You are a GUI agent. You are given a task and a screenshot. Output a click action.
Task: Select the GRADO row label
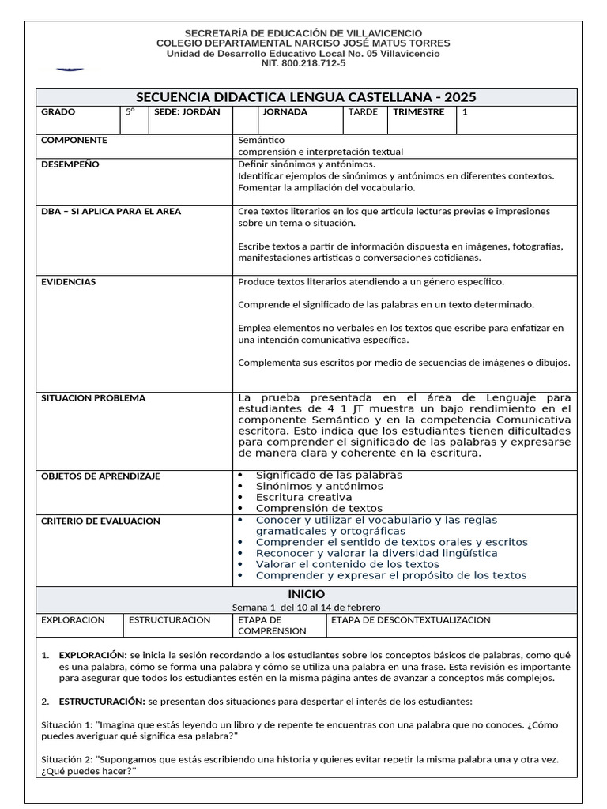click(x=58, y=112)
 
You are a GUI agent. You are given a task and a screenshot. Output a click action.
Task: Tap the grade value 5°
click(x=130, y=112)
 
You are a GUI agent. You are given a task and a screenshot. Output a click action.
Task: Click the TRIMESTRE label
click(x=419, y=112)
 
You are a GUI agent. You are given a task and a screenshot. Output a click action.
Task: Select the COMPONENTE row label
click(x=74, y=140)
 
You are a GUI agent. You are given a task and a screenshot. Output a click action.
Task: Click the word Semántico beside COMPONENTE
click(x=262, y=140)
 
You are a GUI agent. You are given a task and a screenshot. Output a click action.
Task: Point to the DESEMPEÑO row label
click(x=70, y=164)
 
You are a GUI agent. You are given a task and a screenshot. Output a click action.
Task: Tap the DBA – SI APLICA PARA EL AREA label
click(x=111, y=212)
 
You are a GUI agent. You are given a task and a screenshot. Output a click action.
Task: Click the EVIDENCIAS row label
click(x=69, y=281)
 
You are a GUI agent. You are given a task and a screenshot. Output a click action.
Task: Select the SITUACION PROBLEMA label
click(x=93, y=398)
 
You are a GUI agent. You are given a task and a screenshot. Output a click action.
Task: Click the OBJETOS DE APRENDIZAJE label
click(x=100, y=476)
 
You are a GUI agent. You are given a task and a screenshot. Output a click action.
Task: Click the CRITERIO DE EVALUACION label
click(x=100, y=521)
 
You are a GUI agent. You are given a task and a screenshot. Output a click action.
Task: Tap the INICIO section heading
click(x=306, y=594)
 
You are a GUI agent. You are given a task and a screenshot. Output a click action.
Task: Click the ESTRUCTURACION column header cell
click(x=170, y=620)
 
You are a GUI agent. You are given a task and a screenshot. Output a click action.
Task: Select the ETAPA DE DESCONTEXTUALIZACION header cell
click(x=411, y=620)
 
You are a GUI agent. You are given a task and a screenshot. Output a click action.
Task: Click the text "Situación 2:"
click(x=66, y=759)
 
